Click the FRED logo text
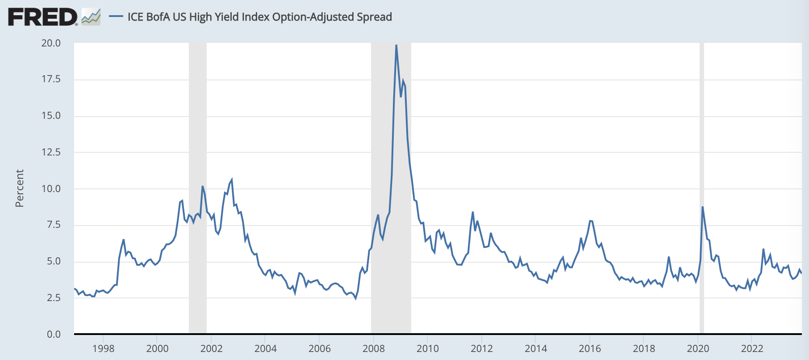[43, 17]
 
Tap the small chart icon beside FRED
[91, 17]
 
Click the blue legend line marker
[116, 17]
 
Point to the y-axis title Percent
[19, 188]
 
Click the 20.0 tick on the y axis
[51, 43]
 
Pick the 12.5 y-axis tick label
[51, 152]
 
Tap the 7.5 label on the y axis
[54, 225]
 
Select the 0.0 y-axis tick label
[54, 335]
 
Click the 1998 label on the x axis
[103, 348]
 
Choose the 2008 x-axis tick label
[374, 348]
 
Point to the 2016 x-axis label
[590, 348]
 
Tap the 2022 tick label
[752, 348]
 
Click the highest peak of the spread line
[396, 45]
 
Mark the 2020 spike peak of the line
[702, 207]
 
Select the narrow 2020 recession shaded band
[702, 179]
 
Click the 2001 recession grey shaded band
[198, 134]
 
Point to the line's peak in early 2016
[590, 221]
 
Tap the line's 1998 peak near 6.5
[124, 240]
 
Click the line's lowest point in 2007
[355, 298]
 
